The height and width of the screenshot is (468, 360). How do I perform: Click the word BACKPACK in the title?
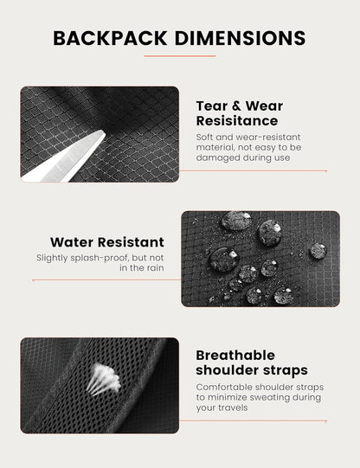pos(110,38)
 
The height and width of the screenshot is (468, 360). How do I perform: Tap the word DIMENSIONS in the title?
pos(240,38)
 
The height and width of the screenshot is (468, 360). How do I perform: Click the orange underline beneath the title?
pos(180,56)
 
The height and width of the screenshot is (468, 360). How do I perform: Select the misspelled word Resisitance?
pos(237,121)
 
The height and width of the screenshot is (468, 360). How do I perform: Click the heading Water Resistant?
pos(107,242)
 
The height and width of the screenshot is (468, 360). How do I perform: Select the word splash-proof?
pos(100,258)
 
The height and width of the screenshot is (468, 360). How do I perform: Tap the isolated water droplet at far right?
pos(318,251)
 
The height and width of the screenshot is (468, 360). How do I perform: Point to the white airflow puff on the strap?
pos(104,379)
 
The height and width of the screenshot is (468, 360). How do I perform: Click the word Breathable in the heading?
pos(235,356)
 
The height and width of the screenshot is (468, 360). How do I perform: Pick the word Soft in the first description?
pos(204,137)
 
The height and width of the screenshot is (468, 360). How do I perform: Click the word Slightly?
pos(52,258)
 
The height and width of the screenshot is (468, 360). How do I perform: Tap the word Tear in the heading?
pos(210,106)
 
